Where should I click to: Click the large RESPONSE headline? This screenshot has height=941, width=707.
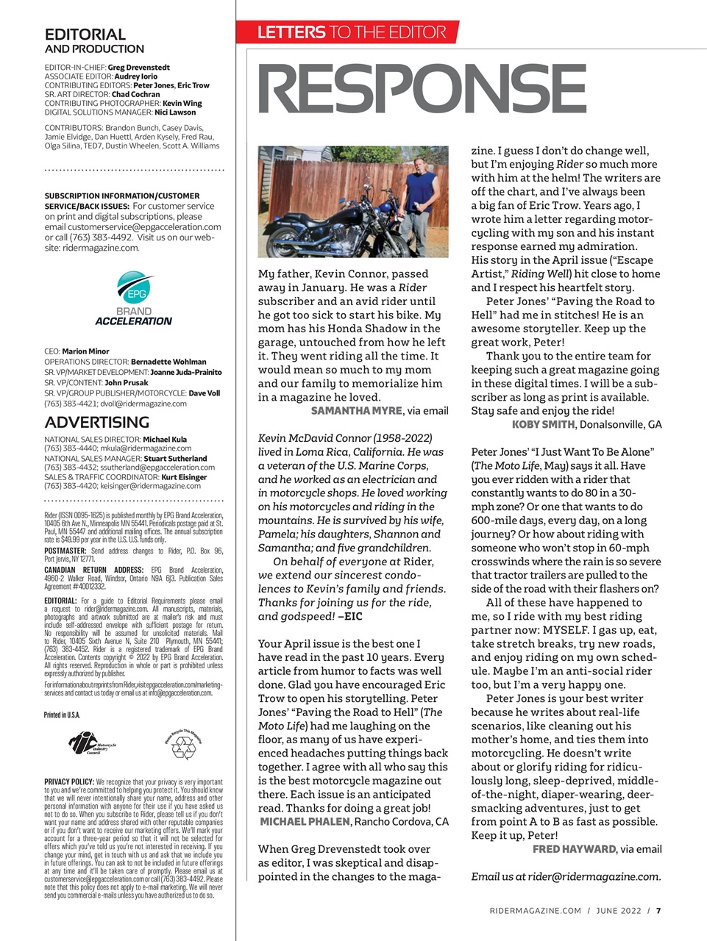pyautogui.click(x=422, y=89)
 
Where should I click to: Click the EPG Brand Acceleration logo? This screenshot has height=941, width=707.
pyautogui.click(x=133, y=298)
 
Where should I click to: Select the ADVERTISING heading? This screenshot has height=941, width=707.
pyautogui.click(x=96, y=422)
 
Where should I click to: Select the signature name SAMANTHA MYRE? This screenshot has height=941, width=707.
pyautogui.click(x=356, y=410)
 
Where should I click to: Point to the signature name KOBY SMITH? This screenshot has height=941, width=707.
pyautogui.click(x=544, y=424)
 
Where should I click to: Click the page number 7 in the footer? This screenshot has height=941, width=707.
pyautogui.click(x=658, y=910)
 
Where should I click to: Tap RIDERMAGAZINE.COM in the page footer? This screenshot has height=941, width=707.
pyautogui.click(x=535, y=910)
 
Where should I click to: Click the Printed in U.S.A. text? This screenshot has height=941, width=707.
pyautogui.click(x=62, y=715)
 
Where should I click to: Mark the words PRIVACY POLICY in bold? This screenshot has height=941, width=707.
pyautogui.click(x=69, y=782)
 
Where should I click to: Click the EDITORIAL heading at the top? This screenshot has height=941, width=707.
pyautogui.click(x=85, y=35)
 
